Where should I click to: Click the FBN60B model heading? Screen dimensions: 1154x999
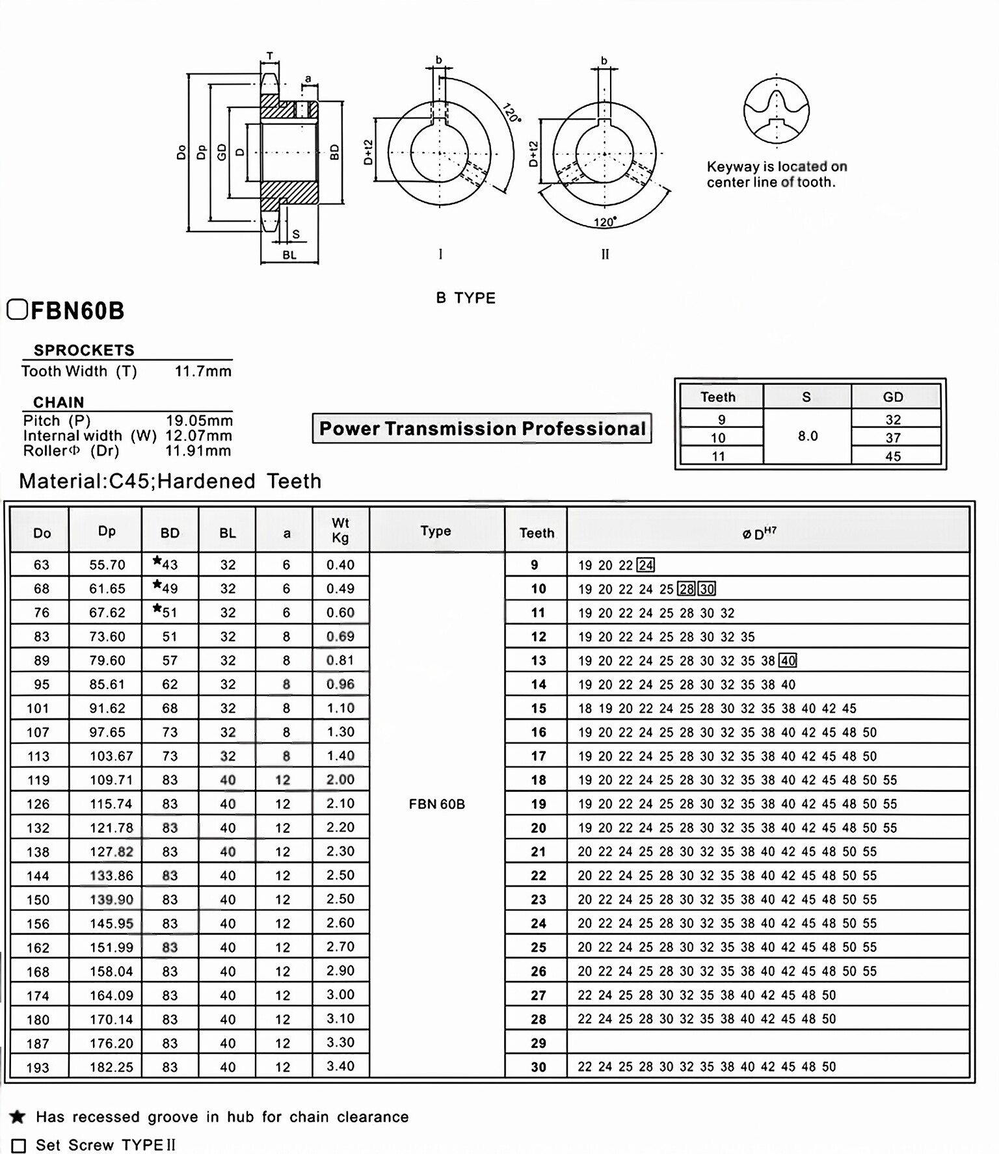(x=77, y=311)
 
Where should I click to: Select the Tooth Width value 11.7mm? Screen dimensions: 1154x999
(x=203, y=371)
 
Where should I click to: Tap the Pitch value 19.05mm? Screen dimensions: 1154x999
(x=199, y=421)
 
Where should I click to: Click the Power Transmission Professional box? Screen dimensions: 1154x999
(x=482, y=428)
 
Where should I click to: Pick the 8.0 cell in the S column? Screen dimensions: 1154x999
(x=807, y=436)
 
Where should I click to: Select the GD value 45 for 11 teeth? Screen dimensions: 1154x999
(x=892, y=456)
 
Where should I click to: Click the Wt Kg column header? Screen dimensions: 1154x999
(x=340, y=531)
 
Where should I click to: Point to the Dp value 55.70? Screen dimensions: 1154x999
(x=107, y=564)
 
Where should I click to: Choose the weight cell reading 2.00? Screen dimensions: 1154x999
(x=340, y=780)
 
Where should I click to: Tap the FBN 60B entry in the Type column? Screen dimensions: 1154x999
(x=436, y=804)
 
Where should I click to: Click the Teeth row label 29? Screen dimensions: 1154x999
(x=538, y=1043)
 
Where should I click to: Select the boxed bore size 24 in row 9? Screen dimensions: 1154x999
(x=645, y=565)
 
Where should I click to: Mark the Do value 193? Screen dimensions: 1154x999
(x=38, y=1067)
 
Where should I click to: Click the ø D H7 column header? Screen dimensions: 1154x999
(x=758, y=533)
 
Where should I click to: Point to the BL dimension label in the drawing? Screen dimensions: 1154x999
(x=289, y=255)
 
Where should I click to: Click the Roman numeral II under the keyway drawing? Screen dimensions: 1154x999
(x=605, y=254)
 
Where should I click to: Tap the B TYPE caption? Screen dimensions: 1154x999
(x=466, y=298)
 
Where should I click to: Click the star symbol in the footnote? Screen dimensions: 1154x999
(x=18, y=1117)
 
